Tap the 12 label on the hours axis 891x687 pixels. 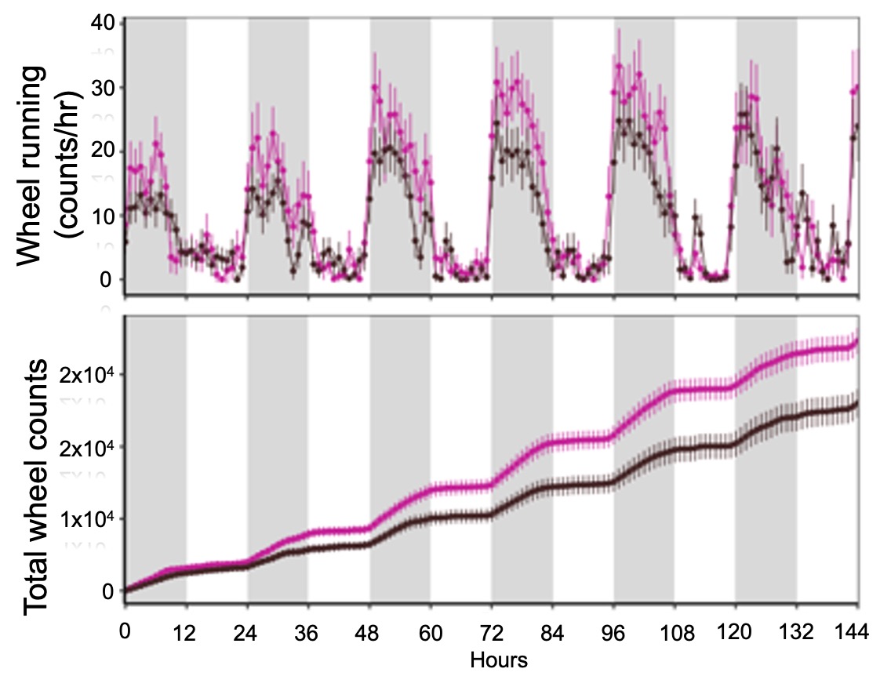pos(186,633)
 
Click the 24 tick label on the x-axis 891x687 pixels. pos(248,633)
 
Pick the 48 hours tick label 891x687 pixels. pos(369,633)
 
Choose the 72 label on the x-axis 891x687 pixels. pos(492,633)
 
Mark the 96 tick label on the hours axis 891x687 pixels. pos(613,633)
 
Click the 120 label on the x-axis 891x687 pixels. pos(735,633)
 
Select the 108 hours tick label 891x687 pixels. pos(675,633)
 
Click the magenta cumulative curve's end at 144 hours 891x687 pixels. pos(856,342)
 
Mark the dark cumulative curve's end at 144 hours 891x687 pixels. pos(856,404)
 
